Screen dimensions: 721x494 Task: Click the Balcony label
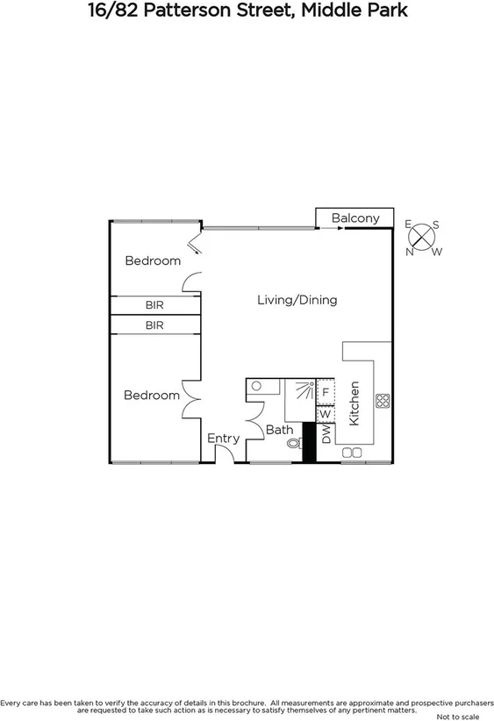(355, 218)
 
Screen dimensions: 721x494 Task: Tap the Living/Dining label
(297, 300)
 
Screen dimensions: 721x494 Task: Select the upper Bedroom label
(153, 261)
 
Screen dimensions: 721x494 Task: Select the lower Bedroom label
(151, 396)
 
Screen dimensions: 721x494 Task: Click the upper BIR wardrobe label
(154, 305)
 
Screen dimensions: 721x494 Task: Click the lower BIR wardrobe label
(154, 325)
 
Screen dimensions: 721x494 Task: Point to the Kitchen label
(354, 403)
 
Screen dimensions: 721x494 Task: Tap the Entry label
(223, 439)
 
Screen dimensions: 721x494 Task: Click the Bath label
(279, 430)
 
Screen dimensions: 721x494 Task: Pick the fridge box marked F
(325, 392)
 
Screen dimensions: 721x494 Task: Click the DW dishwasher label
(326, 436)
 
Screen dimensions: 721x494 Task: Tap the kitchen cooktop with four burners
(383, 401)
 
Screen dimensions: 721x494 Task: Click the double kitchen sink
(351, 453)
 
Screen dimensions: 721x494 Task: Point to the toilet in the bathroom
(292, 445)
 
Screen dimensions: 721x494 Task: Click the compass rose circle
(423, 237)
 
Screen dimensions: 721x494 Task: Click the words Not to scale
(457, 717)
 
